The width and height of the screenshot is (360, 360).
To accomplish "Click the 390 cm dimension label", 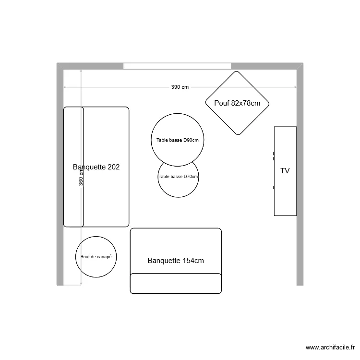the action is click(x=180, y=87).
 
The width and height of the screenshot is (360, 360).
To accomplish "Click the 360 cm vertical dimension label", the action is click(x=81, y=178).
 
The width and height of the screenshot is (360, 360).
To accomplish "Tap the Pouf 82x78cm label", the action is click(x=237, y=103).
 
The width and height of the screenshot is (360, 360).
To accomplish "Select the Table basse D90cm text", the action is click(x=178, y=140).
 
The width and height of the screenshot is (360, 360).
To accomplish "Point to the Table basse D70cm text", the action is click(x=178, y=177).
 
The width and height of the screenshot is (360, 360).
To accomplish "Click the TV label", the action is click(x=285, y=171).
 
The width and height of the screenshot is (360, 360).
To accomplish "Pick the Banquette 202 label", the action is click(x=96, y=167).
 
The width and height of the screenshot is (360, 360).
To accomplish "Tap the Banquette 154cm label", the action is click(x=176, y=261).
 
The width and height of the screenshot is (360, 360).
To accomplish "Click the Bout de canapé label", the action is click(x=96, y=257).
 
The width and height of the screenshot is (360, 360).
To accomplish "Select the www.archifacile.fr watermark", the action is click(x=330, y=348).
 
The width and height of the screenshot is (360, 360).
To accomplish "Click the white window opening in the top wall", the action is click(x=177, y=66).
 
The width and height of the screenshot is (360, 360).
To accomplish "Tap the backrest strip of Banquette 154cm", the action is click(x=176, y=283).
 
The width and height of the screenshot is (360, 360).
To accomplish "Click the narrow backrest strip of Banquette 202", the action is click(x=73, y=167).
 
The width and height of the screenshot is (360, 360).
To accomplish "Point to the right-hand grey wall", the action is click(x=300, y=174).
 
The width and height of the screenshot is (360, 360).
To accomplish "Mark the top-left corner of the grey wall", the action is click(x=57, y=63).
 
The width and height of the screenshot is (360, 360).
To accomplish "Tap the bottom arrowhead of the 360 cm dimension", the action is click(x=81, y=284).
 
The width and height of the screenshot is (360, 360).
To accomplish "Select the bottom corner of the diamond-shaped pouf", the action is click(x=238, y=135).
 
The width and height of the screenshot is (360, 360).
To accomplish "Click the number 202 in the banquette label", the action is click(x=113, y=167).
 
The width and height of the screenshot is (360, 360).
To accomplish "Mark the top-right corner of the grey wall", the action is click(x=303, y=63).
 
